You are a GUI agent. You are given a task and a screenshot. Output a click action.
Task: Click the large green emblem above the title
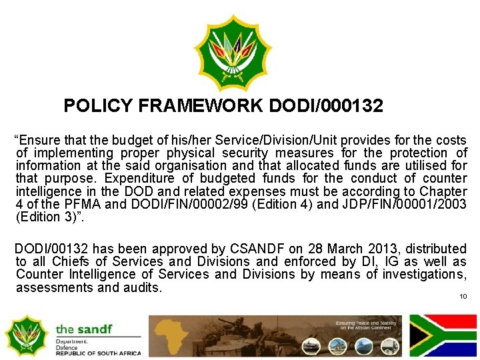[233, 53]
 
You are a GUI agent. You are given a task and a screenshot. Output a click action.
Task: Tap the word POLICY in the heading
[98, 106]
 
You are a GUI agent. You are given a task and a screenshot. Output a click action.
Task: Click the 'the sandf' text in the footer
[83, 329]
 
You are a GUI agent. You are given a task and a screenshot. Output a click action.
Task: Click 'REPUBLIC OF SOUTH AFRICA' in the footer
[99, 353]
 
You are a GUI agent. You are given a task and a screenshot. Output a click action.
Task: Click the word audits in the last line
[141, 288]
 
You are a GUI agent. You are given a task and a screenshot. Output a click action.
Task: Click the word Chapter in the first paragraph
[442, 191]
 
